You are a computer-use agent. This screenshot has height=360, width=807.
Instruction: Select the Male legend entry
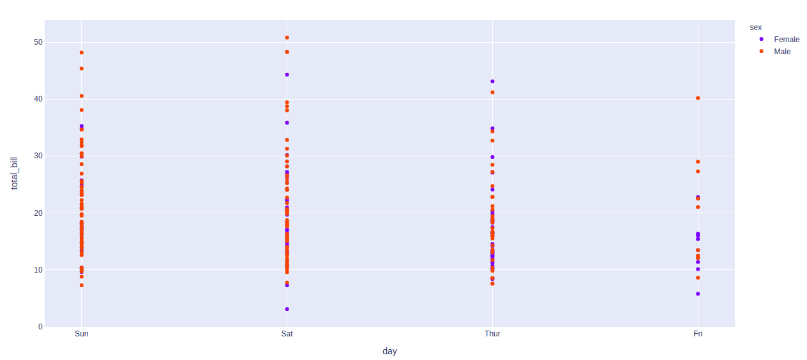tap(775, 52)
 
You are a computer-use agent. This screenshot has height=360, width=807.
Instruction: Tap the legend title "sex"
tap(756, 27)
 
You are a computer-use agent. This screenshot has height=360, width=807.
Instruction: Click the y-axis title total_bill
tap(14, 174)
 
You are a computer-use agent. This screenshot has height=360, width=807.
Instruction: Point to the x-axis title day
tap(389, 351)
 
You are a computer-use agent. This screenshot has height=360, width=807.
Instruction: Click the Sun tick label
tap(82, 334)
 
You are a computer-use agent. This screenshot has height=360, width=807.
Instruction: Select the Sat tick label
tap(287, 334)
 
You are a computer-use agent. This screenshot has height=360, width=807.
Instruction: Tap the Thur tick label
tap(492, 334)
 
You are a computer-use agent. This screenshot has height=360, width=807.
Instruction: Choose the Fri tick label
tap(698, 334)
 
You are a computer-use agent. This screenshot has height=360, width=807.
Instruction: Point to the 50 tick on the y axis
tap(38, 42)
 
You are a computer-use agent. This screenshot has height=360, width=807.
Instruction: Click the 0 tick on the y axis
tap(40, 327)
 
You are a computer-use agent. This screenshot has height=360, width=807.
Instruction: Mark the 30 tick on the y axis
tap(38, 156)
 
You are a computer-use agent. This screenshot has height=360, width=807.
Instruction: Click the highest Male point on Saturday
tap(287, 38)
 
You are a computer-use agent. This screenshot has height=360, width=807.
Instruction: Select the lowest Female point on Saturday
tap(287, 309)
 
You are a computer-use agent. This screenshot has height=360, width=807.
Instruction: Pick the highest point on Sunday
tap(82, 52)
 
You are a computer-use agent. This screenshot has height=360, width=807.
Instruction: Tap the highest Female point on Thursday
tap(492, 82)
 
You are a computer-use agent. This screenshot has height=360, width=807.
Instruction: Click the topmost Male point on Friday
tap(698, 98)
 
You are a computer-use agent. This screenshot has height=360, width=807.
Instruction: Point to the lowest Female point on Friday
tap(698, 294)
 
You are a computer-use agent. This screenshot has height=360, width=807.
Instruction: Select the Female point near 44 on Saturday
tap(287, 75)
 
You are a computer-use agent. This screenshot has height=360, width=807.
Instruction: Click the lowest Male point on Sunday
tap(82, 285)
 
